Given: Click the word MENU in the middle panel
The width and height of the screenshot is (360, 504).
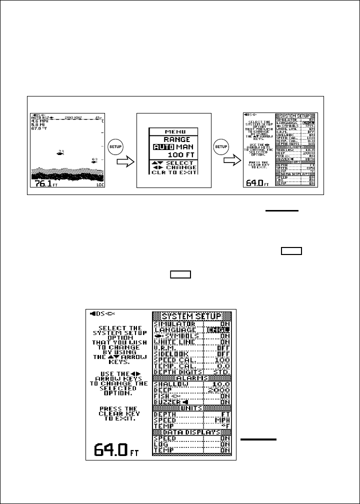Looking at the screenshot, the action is pos(173,131).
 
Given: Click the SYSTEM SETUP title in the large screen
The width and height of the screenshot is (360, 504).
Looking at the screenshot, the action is pos(192,316).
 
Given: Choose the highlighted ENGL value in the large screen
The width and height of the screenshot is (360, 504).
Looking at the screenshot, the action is pos(220,330).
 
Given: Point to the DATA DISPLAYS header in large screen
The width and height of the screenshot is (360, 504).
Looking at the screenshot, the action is pos(192,431).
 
